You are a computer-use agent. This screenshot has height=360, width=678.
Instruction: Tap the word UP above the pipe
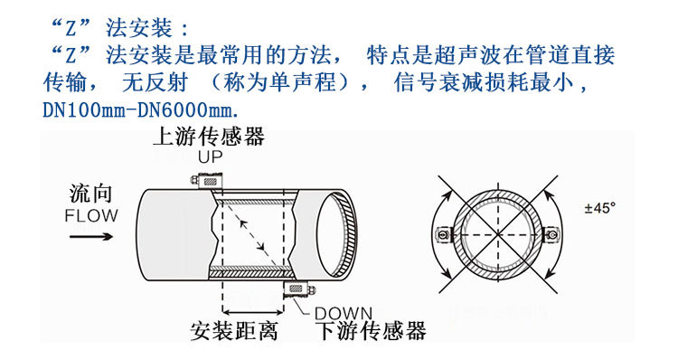coord(210,158)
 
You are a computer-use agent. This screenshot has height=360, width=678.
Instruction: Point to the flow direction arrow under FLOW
coord(91,237)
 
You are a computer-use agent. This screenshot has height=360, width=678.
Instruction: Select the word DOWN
coord(343,312)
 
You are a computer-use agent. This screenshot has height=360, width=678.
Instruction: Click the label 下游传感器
coord(371,331)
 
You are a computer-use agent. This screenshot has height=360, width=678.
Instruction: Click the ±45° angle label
coord(599,208)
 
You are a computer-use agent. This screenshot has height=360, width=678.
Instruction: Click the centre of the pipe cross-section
coord(496,232)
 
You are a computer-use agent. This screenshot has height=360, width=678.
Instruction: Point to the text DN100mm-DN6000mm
coord(141,112)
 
